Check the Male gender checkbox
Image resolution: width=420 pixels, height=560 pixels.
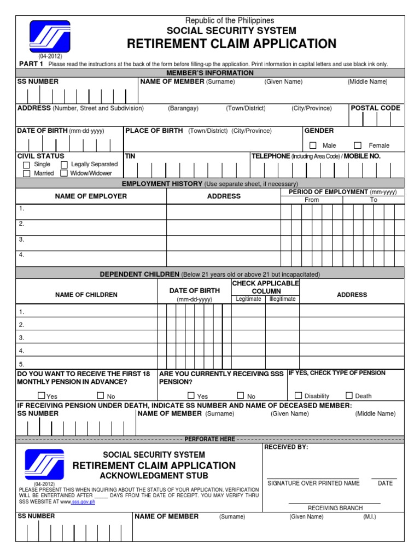[313, 145]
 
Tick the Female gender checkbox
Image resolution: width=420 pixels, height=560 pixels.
[358, 145]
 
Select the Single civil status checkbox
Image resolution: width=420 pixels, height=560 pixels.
[26, 165]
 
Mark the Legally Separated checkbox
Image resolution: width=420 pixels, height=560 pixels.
[64, 165]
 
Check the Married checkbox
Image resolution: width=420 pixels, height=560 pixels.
[26, 173]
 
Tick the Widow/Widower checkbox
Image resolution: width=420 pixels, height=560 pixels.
[64, 173]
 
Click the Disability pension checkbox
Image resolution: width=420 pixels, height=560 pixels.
[298, 395]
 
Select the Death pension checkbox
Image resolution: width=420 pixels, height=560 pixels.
[349, 395]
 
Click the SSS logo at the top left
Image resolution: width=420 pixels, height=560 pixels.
[50, 37]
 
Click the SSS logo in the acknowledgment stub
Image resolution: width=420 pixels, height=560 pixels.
[44, 464]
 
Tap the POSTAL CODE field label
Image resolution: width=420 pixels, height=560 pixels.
[375, 108]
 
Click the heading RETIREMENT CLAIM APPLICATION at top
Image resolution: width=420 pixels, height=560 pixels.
[232, 44]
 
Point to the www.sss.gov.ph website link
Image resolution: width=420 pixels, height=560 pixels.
[83, 502]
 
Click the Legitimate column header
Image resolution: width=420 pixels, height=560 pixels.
[248, 299]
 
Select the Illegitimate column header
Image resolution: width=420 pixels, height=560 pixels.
[282, 299]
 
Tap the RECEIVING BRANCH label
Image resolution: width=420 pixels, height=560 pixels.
[335, 508]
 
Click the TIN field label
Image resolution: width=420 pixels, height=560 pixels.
[130, 156]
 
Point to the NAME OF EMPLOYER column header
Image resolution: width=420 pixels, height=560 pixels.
[91, 196]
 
